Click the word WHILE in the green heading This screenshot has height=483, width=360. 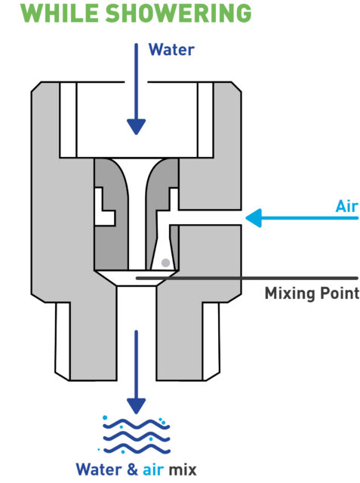(x=60, y=13)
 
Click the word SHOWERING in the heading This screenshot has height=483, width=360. (x=179, y=13)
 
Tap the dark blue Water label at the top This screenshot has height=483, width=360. (x=171, y=50)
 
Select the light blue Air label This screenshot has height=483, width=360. (x=347, y=206)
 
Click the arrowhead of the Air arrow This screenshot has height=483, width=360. (x=254, y=218)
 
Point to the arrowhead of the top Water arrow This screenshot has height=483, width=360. (x=136, y=127)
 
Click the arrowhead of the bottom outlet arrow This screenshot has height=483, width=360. (x=136, y=406)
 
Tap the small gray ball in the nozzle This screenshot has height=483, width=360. (x=166, y=263)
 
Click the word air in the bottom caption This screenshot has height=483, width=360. (x=153, y=469)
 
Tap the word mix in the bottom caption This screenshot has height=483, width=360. (x=183, y=469)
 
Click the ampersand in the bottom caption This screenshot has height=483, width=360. (x=132, y=469)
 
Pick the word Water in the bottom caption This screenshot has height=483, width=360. (x=99, y=469)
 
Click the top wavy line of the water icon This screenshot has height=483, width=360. (x=136, y=424)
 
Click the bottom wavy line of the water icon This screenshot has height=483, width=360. (x=136, y=449)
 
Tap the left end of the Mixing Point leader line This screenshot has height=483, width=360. (x=137, y=278)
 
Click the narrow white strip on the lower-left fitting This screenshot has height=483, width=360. (x=63, y=341)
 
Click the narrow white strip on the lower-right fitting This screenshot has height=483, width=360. (x=211, y=341)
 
